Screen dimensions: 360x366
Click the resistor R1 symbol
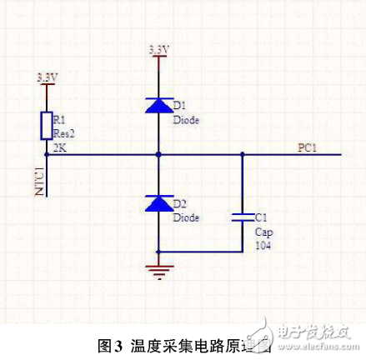pyautogui.click(x=47, y=125)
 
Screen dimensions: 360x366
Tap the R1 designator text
pyautogui.click(x=59, y=117)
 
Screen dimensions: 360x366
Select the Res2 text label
pyautogui.click(x=63, y=132)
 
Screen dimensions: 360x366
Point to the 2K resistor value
pyautogui.click(x=59, y=147)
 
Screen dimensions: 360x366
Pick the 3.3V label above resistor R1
pyautogui.click(x=48, y=77)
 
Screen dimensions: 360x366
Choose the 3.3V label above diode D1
pyautogui.click(x=158, y=50)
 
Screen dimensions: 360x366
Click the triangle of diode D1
pyautogui.click(x=158, y=105)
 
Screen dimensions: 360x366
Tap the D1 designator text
pyautogui.click(x=179, y=105)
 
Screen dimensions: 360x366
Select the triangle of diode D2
pyautogui.click(x=158, y=203)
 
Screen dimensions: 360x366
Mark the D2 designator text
pyautogui.click(x=179, y=203)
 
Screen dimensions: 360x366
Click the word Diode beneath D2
pyautogui.click(x=185, y=217)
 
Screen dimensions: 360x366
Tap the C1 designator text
pyautogui.click(x=261, y=214)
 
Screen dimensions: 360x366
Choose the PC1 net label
pyautogui.click(x=308, y=147)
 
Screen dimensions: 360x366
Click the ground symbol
pyautogui.click(x=158, y=268)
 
